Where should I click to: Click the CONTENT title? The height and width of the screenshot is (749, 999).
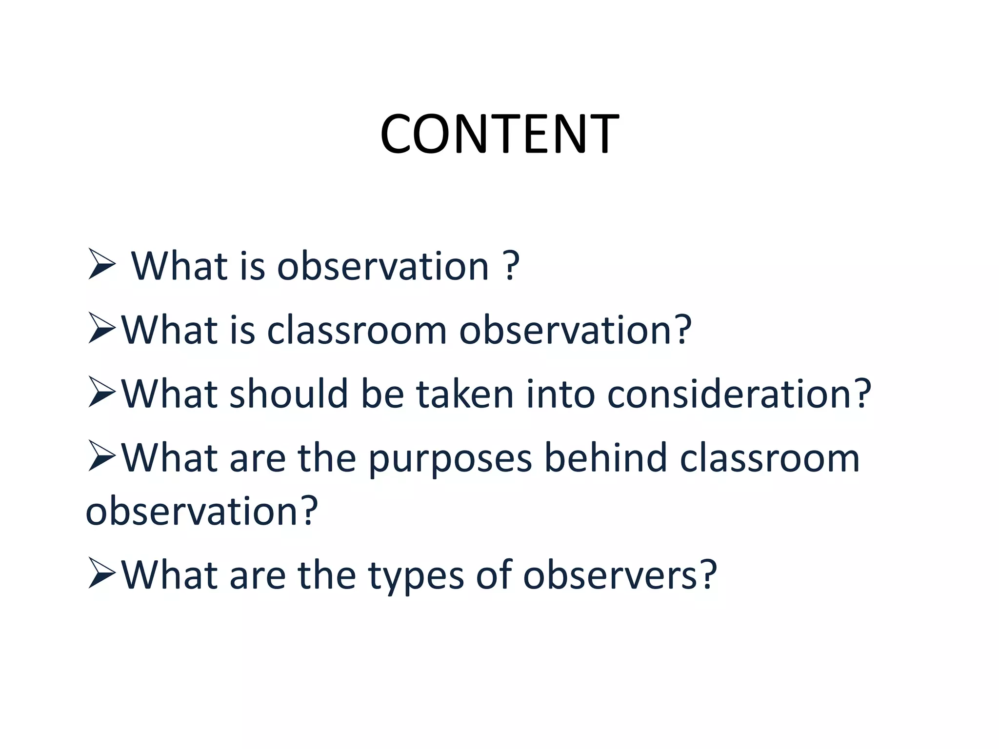click(x=499, y=134)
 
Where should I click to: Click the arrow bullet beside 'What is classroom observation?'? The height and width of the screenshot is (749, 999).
click(x=101, y=328)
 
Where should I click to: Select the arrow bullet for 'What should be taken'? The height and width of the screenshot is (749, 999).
click(x=101, y=392)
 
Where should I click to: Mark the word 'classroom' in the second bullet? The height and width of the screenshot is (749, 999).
click(x=357, y=330)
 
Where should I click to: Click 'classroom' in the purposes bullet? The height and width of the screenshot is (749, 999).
click(x=769, y=458)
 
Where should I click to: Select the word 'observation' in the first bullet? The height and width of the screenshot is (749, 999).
click(x=383, y=266)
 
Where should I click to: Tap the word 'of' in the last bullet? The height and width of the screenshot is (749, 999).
click(x=494, y=575)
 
